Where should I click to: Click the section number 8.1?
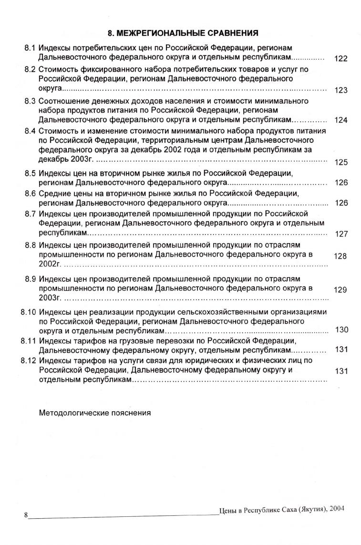pyautogui.click(x=30, y=48)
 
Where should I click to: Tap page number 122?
pyautogui.click(x=341, y=59)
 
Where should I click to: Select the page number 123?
pyautogui.click(x=341, y=90)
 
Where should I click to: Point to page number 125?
pyautogui.click(x=341, y=162)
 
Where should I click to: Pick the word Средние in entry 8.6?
pyautogui.click(x=53, y=193)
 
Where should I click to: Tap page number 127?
pyautogui.click(x=341, y=234)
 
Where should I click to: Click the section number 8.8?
pyautogui.click(x=30, y=245)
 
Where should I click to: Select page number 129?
pyautogui.click(x=341, y=289)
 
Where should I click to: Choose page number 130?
pyautogui.click(x=342, y=330)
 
